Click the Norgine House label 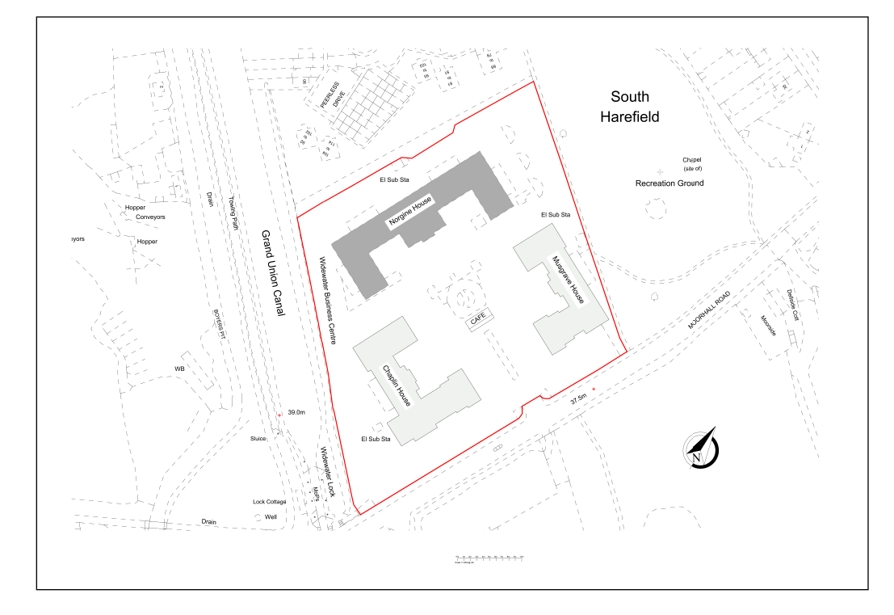click(410, 213)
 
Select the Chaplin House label click(397, 386)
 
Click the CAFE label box click(478, 322)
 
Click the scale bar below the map click(489, 558)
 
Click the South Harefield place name click(629, 107)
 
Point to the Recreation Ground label click(669, 183)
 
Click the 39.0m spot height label click(296, 412)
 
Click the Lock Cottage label click(269, 502)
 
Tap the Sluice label click(258, 439)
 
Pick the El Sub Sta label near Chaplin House click(376, 439)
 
